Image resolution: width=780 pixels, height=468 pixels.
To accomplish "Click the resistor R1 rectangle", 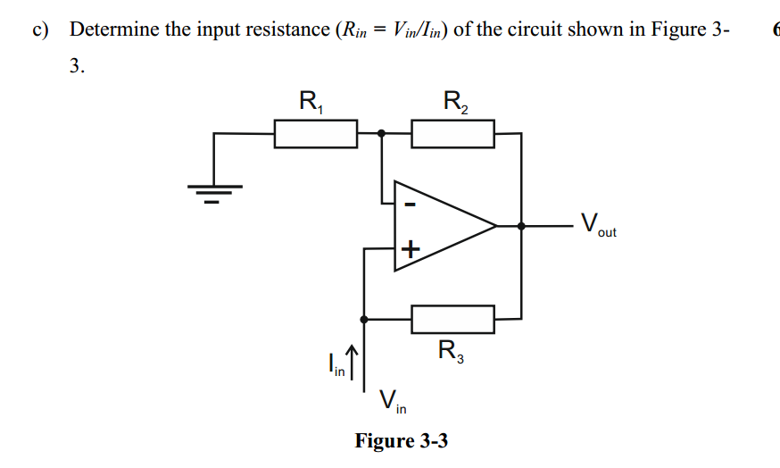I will click(x=316, y=134).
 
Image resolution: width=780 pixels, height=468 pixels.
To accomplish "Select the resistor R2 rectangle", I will click(x=452, y=134).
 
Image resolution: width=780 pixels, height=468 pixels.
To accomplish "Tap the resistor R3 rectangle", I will click(x=452, y=318).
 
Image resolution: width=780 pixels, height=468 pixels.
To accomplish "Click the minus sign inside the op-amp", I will click(x=409, y=205).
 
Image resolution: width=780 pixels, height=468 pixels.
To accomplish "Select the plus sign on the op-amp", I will click(x=410, y=249).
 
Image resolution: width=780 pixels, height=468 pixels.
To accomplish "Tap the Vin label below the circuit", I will click(x=392, y=402).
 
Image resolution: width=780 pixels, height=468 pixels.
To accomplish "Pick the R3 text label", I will click(x=451, y=351).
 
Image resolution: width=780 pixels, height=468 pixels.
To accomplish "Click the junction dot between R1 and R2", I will click(x=382, y=134).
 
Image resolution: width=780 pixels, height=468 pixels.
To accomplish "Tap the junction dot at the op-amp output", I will click(x=521, y=226).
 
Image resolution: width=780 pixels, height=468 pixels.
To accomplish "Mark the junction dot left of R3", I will click(x=363, y=318).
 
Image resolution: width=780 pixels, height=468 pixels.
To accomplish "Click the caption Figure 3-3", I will click(x=401, y=440).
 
